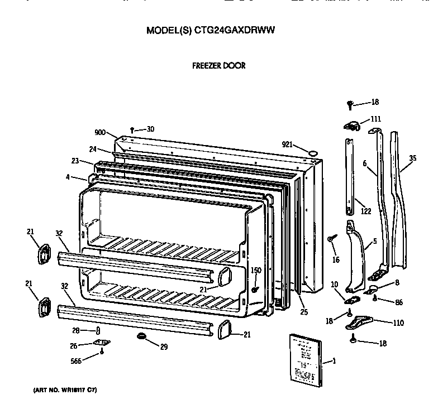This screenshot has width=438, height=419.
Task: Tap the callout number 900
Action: coord(100,132)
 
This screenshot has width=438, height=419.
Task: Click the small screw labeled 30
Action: coord(132,129)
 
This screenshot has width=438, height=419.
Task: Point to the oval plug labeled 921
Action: coord(313,151)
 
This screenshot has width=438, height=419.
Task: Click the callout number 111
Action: coord(375,119)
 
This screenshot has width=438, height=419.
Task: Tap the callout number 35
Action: coord(412,158)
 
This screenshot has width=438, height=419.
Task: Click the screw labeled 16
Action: coord(332,238)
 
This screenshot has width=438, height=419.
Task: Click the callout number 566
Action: coord(75,360)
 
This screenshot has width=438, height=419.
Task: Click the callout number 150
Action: coord(256,271)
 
